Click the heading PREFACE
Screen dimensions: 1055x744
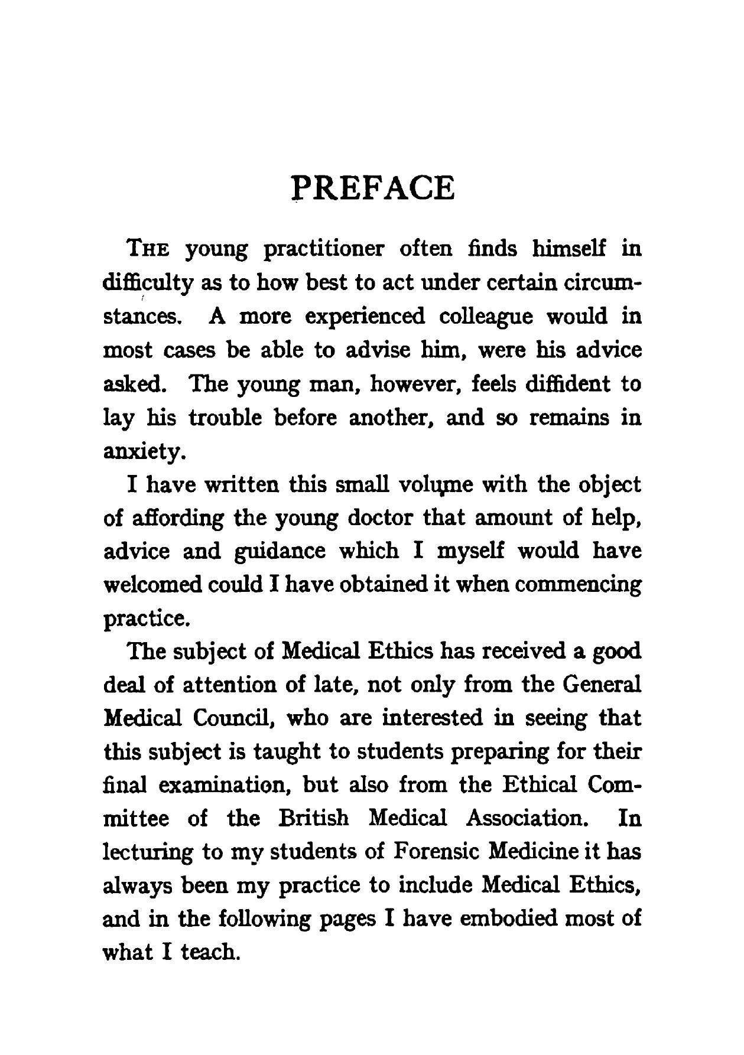pyautogui.click(x=374, y=188)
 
